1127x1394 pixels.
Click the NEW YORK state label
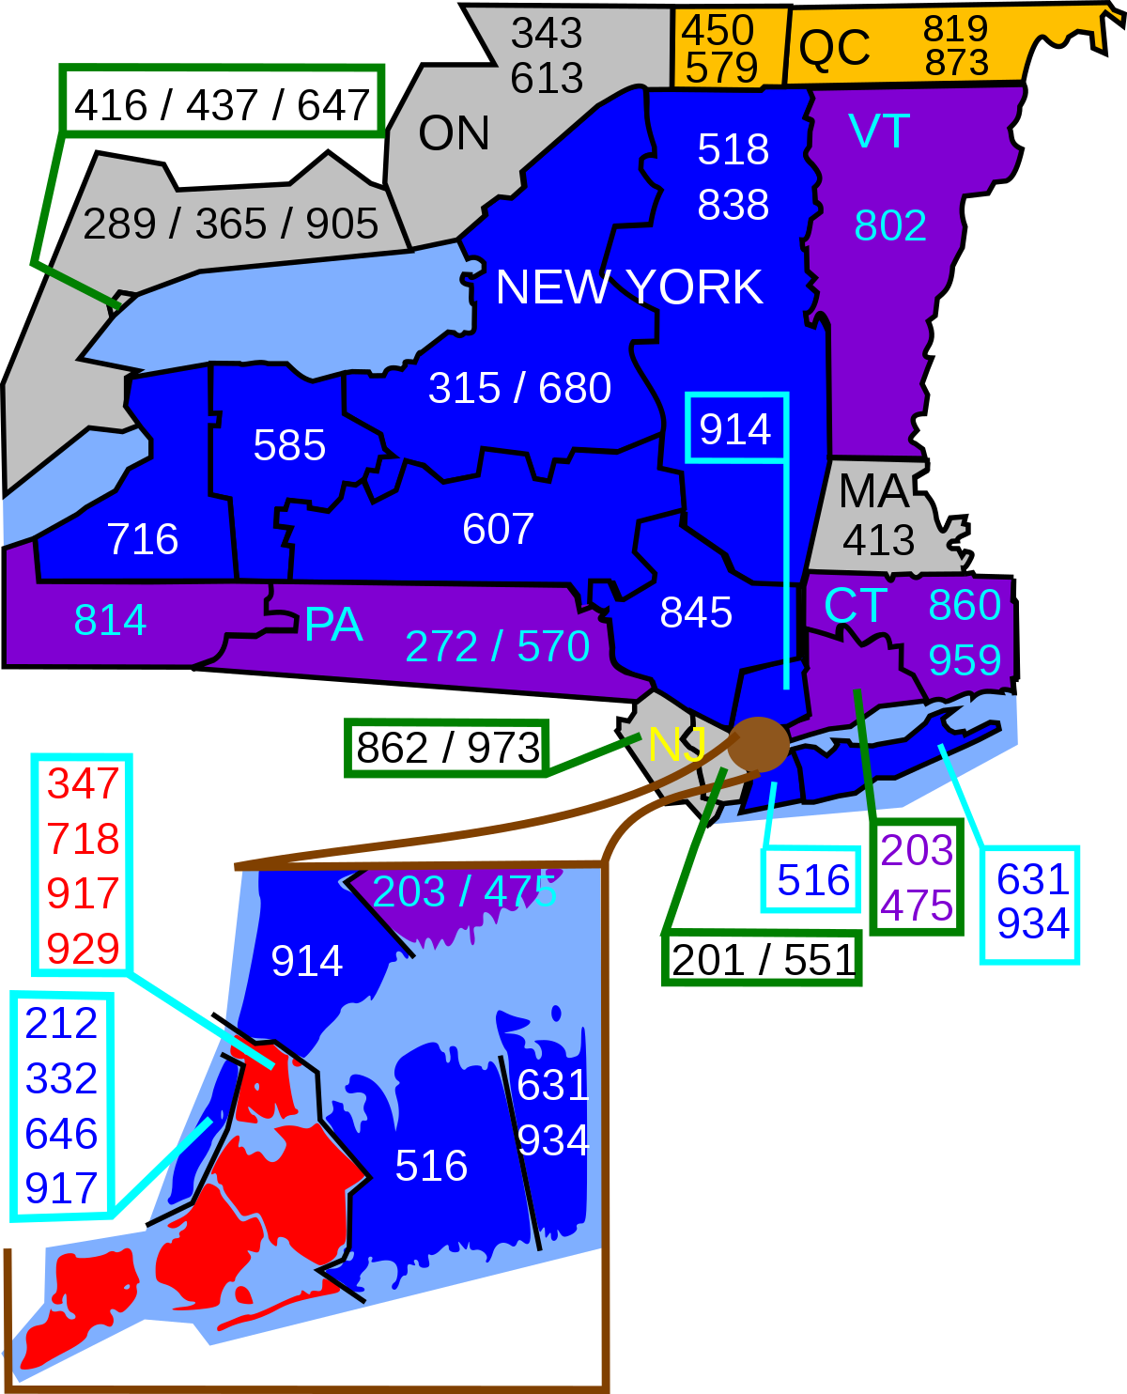click(x=628, y=287)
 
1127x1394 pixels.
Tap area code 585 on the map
click(x=289, y=445)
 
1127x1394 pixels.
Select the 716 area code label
click(x=143, y=539)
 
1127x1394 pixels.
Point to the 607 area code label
click(x=498, y=529)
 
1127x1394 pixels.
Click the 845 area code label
click(x=696, y=612)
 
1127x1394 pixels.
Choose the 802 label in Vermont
click(x=890, y=225)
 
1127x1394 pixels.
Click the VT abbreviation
click(x=878, y=132)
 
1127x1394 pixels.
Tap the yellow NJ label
click(x=676, y=745)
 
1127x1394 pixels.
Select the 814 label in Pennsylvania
click(x=110, y=620)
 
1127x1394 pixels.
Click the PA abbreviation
click(x=333, y=625)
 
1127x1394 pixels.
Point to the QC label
click(x=834, y=48)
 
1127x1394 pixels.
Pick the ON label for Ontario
click(x=454, y=133)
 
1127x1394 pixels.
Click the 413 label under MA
click(x=878, y=540)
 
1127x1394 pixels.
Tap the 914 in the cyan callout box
click(x=735, y=429)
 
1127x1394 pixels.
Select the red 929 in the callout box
click(x=83, y=949)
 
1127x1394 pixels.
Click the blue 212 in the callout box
click(x=62, y=1023)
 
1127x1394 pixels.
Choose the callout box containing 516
click(x=811, y=880)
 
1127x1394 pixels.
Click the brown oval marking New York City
click(x=758, y=744)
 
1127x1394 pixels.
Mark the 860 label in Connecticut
click(x=965, y=605)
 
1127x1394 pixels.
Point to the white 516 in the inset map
click(x=431, y=1166)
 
